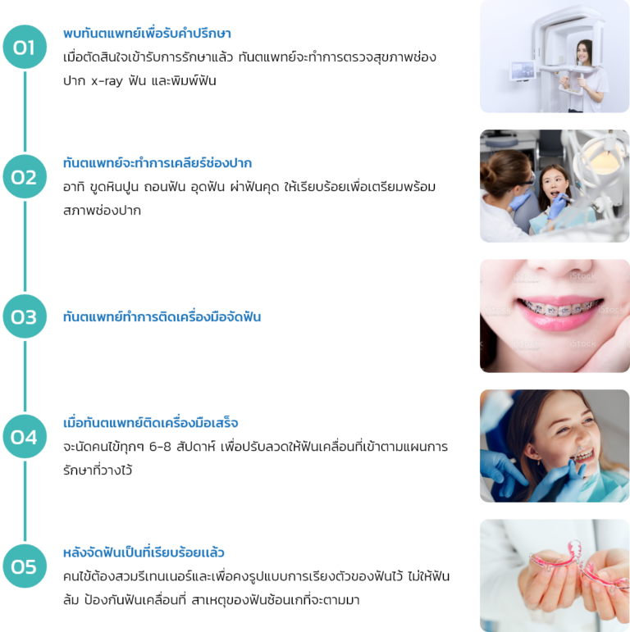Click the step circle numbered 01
(x=25, y=47)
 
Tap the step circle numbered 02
(x=25, y=176)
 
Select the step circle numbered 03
(x=25, y=316)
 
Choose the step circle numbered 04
(x=25, y=437)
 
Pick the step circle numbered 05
(x=25, y=566)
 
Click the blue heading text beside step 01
(x=147, y=34)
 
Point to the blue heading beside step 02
(x=157, y=163)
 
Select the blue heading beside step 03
(x=162, y=316)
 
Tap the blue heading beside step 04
(x=151, y=423)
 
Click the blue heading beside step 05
(x=144, y=552)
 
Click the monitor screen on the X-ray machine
(x=521, y=71)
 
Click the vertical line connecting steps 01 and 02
(x=25, y=111)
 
